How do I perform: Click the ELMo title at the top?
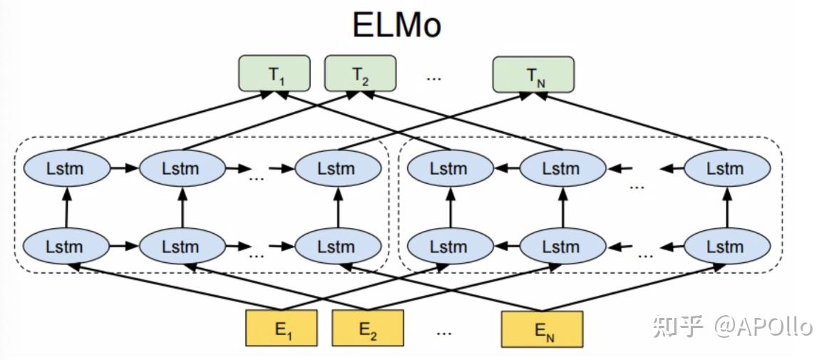tap(397, 25)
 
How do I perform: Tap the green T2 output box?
tap(360, 73)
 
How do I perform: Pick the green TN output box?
tap(535, 75)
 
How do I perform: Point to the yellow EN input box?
tap(542, 329)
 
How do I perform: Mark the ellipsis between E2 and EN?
tap(444, 331)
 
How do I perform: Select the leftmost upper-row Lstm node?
tap(66, 169)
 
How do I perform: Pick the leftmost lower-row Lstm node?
tap(66, 247)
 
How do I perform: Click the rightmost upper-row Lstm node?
tap(726, 169)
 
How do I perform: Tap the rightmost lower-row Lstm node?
tap(726, 247)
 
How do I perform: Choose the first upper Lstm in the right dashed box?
tap(449, 169)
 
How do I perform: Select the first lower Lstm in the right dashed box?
tap(449, 247)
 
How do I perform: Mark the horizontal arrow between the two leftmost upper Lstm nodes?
tap(124, 169)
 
